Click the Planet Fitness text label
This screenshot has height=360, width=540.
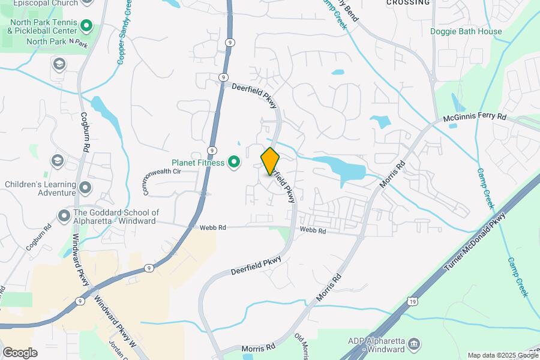(x=197, y=163)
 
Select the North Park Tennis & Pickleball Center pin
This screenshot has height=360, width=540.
(x=86, y=26)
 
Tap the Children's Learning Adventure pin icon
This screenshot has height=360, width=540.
(x=85, y=188)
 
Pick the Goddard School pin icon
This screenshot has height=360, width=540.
(x=64, y=215)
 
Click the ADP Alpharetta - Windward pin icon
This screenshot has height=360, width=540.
(x=413, y=344)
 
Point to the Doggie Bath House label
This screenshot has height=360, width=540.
(x=466, y=31)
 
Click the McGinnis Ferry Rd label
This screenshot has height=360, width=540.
(x=475, y=118)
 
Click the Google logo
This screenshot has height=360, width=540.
(x=20, y=352)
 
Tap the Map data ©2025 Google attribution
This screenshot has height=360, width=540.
(x=503, y=355)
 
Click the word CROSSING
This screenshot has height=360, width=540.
(x=407, y=2)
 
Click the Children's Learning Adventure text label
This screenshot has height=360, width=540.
(x=40, y=188)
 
